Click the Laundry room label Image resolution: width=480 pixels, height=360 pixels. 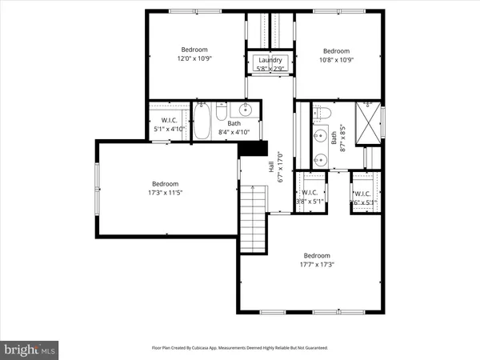[269, 61]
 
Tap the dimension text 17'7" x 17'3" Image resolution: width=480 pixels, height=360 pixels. [317, 264]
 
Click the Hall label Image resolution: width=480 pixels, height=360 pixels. [271, 168]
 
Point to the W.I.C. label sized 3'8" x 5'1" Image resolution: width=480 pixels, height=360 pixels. [310, 202]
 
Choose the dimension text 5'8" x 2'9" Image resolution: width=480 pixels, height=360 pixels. [269, 70]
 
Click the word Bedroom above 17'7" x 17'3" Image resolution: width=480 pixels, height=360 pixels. [317, 254]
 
